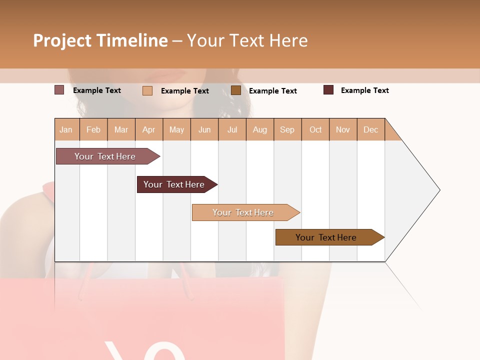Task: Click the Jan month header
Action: point(66,129)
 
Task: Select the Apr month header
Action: point(148,129)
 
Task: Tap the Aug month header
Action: point(259,129)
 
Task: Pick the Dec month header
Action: point(370,129)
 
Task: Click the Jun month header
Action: point(204,129)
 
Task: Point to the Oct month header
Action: point(315,129)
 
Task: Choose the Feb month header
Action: point(93,129)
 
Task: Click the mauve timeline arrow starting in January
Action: point(105,156)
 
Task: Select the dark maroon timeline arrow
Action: point(174,184)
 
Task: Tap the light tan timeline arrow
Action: point(243,212)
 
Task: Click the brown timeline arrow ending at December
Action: point(326,237)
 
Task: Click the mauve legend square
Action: point(59,90)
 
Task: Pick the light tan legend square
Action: point(147,90)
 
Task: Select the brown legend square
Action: point(235,90)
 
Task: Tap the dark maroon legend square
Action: point(328,90)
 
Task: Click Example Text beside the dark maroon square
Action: point(364,90)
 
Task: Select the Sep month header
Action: point(287,129)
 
